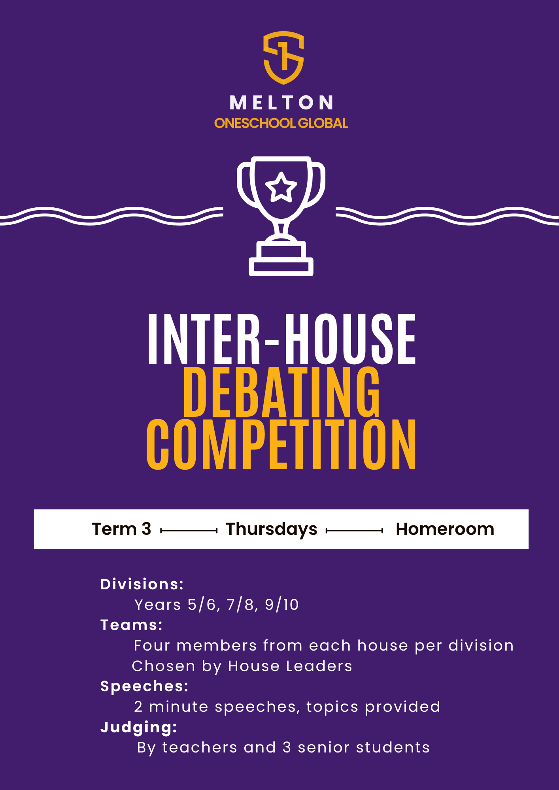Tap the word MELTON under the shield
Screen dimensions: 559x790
(281, 103)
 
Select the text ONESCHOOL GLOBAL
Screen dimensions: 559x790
(281, 123)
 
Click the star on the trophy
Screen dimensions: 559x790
(281, 187)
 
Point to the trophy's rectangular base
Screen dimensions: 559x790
(281, 267)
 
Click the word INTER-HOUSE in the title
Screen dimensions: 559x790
(282, 339)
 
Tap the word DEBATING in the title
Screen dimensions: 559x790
(281, 392)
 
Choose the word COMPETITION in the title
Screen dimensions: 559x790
(281, 445)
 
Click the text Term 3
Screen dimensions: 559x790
(122, 529)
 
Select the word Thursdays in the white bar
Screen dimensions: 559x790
(272, 530)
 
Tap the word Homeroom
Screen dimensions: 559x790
(445, 529)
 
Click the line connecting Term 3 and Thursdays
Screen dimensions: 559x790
(189, 531)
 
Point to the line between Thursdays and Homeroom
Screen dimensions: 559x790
(355, 531)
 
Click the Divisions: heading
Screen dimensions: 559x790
(142, 584)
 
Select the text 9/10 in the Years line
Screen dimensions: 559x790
(282, 605)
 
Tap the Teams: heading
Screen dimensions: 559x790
(132, 625)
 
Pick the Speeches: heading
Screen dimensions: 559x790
(145, 687)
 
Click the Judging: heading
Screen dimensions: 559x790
(139, 728)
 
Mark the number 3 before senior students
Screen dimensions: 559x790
(287, 748)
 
